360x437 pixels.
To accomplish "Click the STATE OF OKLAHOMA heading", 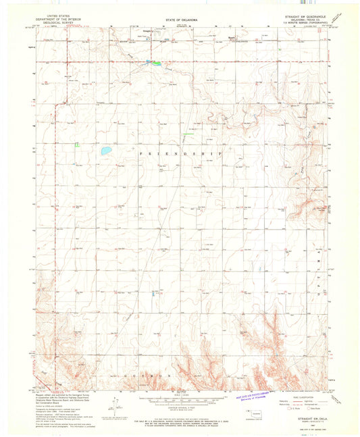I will pyautogui.click(x=180, y=21).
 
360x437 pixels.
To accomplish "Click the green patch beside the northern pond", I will pyautogui.click(x=157, y=63).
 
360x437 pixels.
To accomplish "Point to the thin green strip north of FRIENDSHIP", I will pyautogui.click(x=188, y=134).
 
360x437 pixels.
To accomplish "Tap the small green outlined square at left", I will pyautogui.click(x=78, y=145).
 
